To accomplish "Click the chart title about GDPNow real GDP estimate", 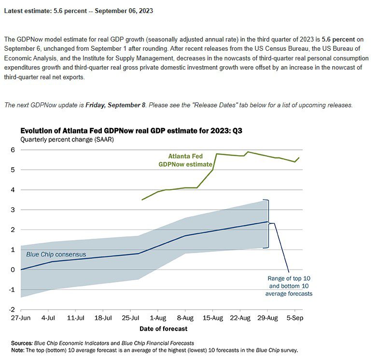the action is point(131,130).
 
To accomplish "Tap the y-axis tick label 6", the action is point(13,150).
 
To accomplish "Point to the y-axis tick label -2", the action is point(12,310).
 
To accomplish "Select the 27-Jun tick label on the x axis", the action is point(21,318).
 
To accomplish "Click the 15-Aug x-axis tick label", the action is point(213,318).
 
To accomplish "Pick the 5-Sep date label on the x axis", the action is point(295,318).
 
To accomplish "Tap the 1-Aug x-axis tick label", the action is point(158,318).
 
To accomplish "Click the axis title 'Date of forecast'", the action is point(164,329).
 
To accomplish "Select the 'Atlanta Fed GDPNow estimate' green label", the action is point(185,160).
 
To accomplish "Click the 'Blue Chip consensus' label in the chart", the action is point(56,254).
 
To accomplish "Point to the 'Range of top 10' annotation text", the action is point(289,278).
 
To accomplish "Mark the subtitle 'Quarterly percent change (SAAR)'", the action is point(67,140).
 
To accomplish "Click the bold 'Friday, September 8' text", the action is point(115,105).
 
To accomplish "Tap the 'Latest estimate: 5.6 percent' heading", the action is point(45,11).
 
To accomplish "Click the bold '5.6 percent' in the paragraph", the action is point(338,39).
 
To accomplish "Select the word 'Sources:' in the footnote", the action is point(22,343).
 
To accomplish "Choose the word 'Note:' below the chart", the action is point(17,350).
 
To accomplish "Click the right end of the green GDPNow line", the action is point(299,158).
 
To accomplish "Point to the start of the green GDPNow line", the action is point(142,200).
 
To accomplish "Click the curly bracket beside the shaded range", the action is point(268,223).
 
